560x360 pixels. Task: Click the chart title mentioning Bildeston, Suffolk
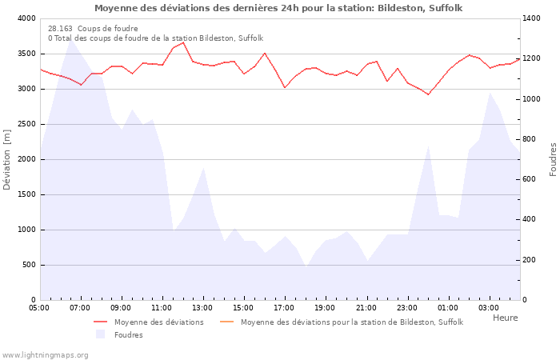(x=278, y=8)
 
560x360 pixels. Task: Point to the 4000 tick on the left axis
(x=26, y=18)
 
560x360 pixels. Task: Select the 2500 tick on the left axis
(x=26, y=124)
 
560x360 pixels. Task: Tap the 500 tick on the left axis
(x=29, y=265)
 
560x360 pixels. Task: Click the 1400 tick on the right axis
(x=532, y=18)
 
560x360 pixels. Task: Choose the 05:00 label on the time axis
(x=39, y=308)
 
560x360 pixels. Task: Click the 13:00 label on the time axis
(x=202, y=308)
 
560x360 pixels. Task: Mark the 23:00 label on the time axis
(x=407, y=308)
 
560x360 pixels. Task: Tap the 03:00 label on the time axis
(x=489, y=308)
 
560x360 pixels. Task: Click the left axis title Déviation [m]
(x=8, y=159)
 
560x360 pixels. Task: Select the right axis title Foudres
(x=553, y=159)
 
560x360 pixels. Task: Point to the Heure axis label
(x=505, y=318)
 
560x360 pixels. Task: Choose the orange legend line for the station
(x=226, y=322)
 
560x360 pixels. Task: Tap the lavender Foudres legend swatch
(x=101, y=334)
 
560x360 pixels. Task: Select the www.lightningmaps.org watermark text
(x=45, y=354)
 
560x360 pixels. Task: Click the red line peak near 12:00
(x=183, y=42)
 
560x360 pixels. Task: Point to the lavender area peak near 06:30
(x=70, y=39)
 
